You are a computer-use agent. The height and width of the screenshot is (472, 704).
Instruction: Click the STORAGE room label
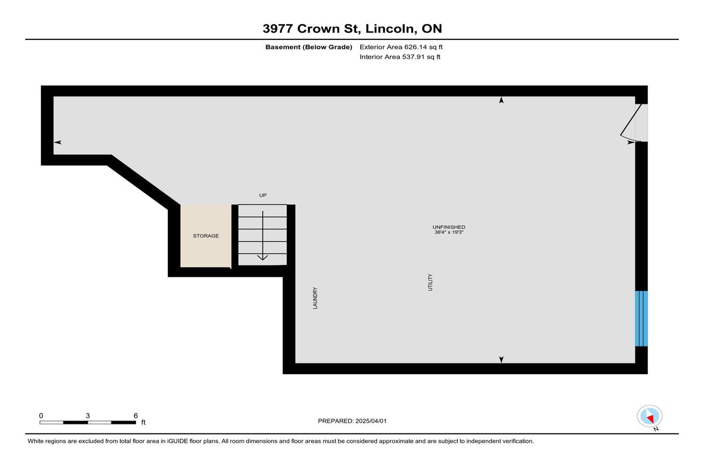click(206, 236)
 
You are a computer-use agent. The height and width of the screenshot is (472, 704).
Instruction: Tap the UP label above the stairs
click(263, 195)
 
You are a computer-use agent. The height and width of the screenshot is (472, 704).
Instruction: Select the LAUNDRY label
click(315, 298)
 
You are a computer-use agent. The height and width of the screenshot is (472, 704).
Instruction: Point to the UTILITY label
click(430, 283)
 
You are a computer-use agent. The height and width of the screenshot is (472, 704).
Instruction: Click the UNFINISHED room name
click(449, 227)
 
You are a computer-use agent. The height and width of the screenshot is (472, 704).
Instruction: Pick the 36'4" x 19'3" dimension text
click(449, 232)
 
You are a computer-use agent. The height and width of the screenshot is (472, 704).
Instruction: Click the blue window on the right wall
click(641, 319)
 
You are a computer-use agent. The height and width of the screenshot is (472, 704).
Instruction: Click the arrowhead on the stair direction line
click(262, 257)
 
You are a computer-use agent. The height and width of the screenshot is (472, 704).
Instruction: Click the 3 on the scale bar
click(87, 416)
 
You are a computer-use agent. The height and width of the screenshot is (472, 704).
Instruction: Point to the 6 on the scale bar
click(136, 416)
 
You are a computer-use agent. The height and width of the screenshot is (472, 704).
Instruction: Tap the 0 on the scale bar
click(41, 416)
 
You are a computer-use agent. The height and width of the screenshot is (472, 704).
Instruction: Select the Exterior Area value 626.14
click(415, 47)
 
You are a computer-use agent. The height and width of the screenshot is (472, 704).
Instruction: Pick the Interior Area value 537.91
click(413, 57)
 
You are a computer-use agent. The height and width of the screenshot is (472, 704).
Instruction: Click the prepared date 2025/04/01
click(371, 421)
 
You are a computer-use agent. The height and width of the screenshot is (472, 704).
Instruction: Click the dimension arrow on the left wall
click(57, 142)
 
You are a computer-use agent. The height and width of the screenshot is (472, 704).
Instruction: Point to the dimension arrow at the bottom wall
click(501, 359)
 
